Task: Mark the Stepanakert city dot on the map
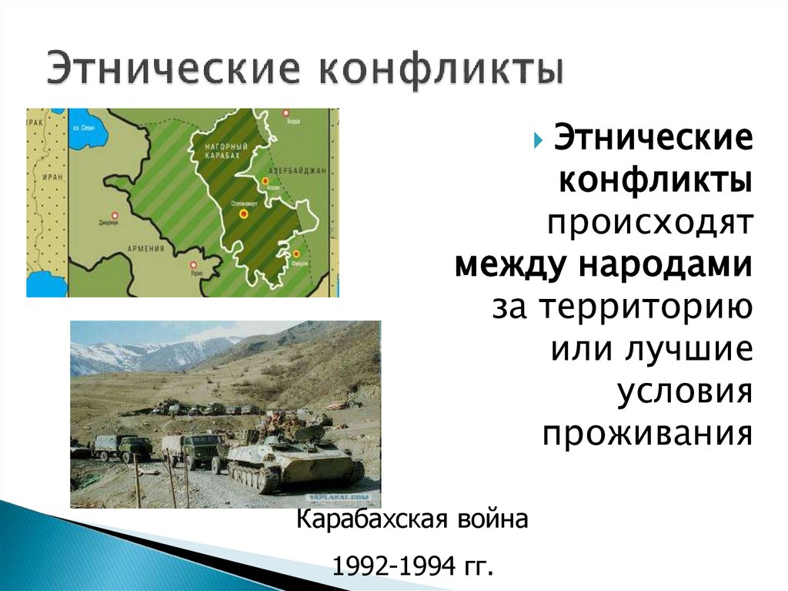[x=244, y=213]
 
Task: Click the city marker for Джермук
[x=115, y=217]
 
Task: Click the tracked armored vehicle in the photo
[x=292, y=459]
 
